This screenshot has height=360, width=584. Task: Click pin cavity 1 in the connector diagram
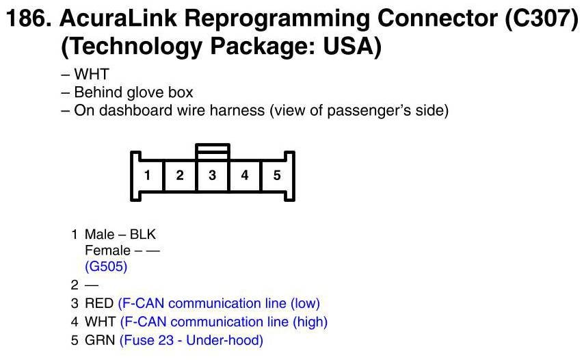(x=147, y=175)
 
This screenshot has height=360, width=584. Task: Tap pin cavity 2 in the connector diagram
(x=180, y=175)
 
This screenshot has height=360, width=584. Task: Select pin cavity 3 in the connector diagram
(x=213, y=175)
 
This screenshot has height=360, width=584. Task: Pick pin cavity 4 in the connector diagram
(x=245, y=175)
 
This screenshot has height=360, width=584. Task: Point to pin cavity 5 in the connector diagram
(x=277, y=175)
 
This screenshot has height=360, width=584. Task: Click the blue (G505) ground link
(x=106, y=266)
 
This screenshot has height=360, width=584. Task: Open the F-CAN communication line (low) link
(x=219, y=303)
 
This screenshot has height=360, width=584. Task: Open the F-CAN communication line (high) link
(x=224, y=321)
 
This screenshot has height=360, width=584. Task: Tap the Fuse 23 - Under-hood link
(x=191, y=339)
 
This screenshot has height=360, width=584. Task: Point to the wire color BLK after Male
(x=143, y=235)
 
